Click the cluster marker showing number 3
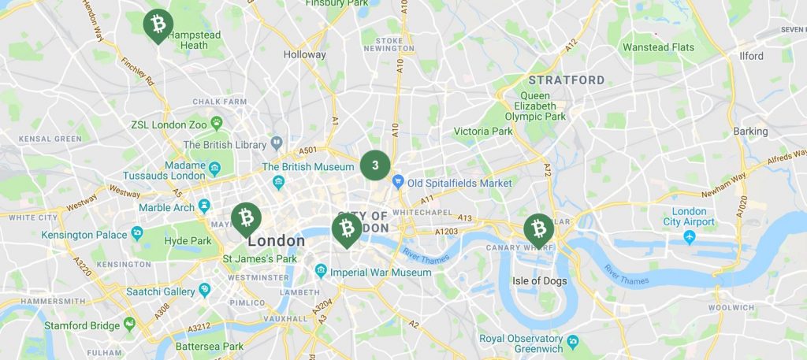click(x=375, y=165)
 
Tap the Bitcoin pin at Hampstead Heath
click(x=158, y=24)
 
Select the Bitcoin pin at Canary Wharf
click(x=539, y=228)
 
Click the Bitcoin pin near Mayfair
click(x=246, y=217)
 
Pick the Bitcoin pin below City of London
click(x=346, y=228)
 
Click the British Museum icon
click(x=277, y=183)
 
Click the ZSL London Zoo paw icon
click(x=216, y=123)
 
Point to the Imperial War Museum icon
click(x=321, y=272)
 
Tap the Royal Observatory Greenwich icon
click(x=573, y=341)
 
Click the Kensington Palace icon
click(x=137, y=234)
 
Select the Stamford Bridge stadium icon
click(x=128, y=325)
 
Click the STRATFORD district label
click(x=566, y=80)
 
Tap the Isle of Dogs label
click(x=539, y=280)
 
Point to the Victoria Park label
click(x=482, y=131)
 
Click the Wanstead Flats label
click(x=658, y=47)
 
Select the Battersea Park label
click(x=210, y=346)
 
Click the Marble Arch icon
click(x=205, y=206)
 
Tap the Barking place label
click(x=749, y=131)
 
